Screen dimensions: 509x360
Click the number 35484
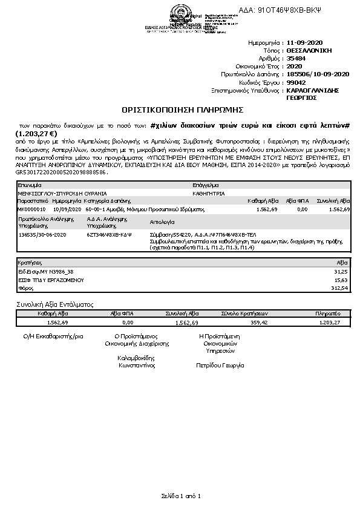click(x=295, y=59)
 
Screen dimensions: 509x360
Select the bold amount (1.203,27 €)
click(x=37, y=134)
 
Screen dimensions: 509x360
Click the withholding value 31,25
click(x=342, y=272)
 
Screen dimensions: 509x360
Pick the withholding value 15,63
click(x=342, y=280)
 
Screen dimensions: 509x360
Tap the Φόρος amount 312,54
click(x=341, y=288)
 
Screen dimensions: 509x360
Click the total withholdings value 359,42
click(x=259, y=323)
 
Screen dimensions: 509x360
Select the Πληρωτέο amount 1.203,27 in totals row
click(x=329, y=323)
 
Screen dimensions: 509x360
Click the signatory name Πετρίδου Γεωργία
click(x=220, y=366)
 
